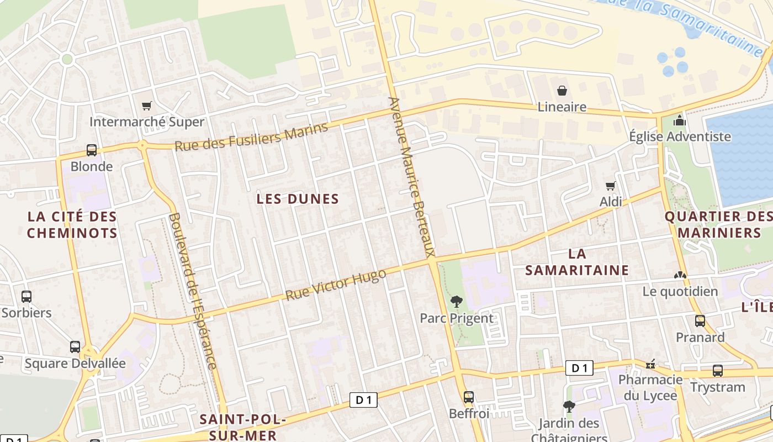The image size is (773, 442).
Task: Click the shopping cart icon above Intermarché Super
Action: tap(147, 106)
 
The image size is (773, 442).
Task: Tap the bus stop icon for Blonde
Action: tap(92, 150)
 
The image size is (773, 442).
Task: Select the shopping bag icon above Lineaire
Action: tap(562, 91)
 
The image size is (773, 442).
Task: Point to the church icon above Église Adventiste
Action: tap(679, 120)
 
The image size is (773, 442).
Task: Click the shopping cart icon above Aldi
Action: tap(610, 186)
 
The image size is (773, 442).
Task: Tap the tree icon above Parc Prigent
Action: tap(456, 302)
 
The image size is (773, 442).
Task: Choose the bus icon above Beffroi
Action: tap(469, 397)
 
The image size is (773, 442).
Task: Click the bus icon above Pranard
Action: tap(700, 320)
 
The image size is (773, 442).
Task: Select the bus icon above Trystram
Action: tap(717, 371)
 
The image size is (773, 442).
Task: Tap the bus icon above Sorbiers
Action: tap(27, 296)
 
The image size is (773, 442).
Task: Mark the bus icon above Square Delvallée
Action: tap(75, 347)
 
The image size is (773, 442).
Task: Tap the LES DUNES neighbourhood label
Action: tap(298, 199)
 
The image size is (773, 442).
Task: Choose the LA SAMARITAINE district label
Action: tap(577, 262)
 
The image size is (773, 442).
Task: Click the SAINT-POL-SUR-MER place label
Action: tap(243, 427)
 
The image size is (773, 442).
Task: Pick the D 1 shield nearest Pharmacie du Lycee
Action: tap(579, 368)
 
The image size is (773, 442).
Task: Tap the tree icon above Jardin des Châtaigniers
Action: tap(569, 407)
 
